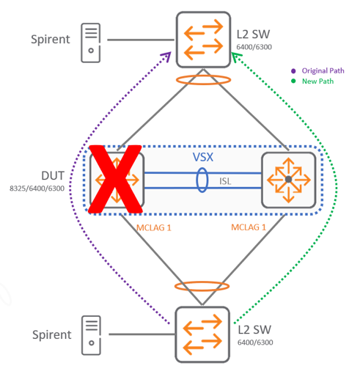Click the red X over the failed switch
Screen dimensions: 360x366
pyautogui.click(x=115, y=179)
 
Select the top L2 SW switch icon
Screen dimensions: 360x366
pyautogui.click(x=203, y=40)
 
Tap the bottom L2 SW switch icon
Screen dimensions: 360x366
pyautogui.click(x=202, y=334)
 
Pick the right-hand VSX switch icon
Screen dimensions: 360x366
pyautogui.click(x=289, y=180)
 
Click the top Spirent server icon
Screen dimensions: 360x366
pyautogui.click(x=91, y=43)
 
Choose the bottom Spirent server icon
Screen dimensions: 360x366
pyautogui.click(x=91, y=335)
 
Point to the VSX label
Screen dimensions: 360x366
pyautogui.click(x=203, y=157)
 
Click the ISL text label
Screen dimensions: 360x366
pyautogui.click(x=225, y=181)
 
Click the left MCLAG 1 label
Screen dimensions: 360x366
pyautogui.click(x=154, y=228)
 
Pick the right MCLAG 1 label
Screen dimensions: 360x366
pyautogui.click(x=249, y=227)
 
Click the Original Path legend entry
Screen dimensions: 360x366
pyautogui.click(x=317, y=70)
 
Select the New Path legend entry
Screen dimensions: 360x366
pyautogui.click(x=312, y=81)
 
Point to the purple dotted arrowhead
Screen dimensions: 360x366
pyautogui.click(x=166, y=56)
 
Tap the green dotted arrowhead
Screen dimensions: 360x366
pyautogui.click(x=235, y=56)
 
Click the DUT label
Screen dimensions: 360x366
pyautogui.click(x=53, y=176)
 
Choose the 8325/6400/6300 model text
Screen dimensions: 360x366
pyautogui.click(x=37, y=189)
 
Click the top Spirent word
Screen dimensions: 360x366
pyautogui.click(x=51, y=40)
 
